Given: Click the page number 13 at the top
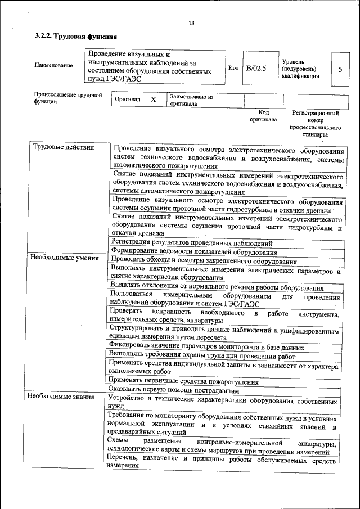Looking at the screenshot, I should (191, 23).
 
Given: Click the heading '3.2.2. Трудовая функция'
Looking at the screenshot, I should (76, 37).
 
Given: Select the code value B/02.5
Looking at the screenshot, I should (256, 69).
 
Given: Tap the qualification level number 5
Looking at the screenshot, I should (340, 69).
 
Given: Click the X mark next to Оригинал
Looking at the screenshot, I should (153, 100).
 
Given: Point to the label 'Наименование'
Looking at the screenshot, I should (53, 66).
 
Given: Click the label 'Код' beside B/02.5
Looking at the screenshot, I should (233, 68).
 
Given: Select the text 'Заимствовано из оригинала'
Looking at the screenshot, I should (191, 100).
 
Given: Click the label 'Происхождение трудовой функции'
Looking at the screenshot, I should (67, 99).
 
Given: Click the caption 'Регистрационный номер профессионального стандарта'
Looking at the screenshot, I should (316, 124).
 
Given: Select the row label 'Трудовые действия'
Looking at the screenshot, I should (64, 148).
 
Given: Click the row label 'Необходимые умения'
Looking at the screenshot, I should (65, 258).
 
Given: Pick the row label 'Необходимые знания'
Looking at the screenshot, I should (63, 397).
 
